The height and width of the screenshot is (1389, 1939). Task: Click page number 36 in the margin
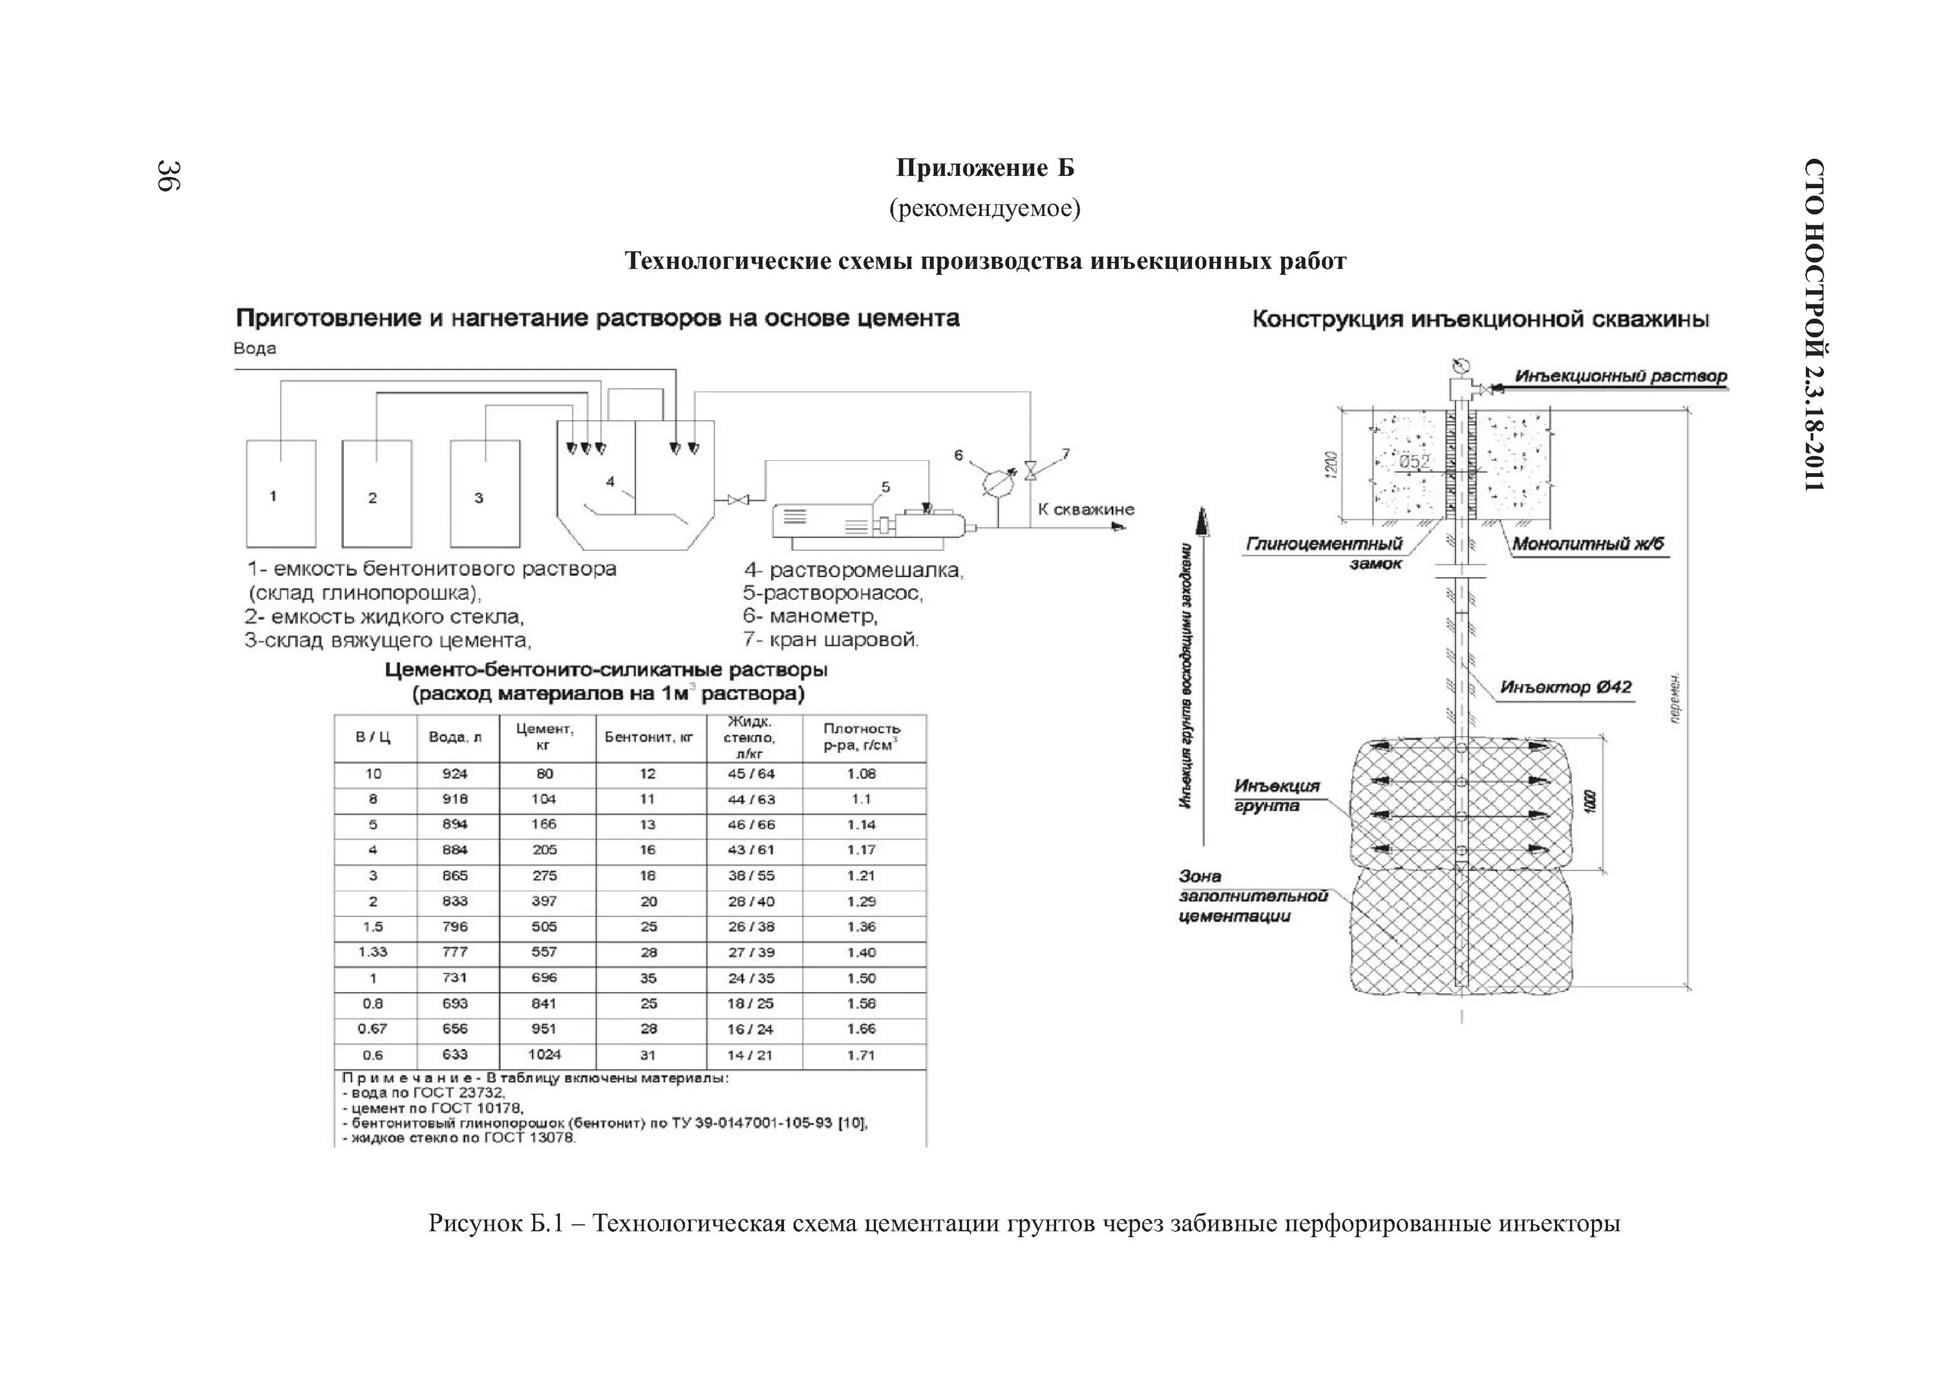[x=167, y=175]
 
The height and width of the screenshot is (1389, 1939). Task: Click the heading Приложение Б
[x=985, y=169]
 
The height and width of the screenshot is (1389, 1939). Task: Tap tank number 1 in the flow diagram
[x=281, y=494]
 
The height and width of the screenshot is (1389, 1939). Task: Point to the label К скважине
[x=1086, y=509]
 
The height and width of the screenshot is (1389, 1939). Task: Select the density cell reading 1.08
[x=861, y=774]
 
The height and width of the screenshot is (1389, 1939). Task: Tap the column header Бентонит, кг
[x=649, y=737]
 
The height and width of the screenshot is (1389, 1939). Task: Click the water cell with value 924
[x=455, y=774]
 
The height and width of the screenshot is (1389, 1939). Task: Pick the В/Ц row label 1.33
[x=373, y=952]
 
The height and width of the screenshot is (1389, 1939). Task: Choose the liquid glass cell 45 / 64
[x=750, y=774]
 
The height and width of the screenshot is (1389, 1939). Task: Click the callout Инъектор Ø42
[x=1565, y=687]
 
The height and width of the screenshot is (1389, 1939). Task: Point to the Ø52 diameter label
[x=1415, y=461]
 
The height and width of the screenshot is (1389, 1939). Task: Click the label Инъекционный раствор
[x=1620, y=376]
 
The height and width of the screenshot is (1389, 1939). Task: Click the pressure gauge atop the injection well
[x=1460, y=365]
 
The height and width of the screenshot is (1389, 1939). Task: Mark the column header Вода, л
[x=455, y=737]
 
